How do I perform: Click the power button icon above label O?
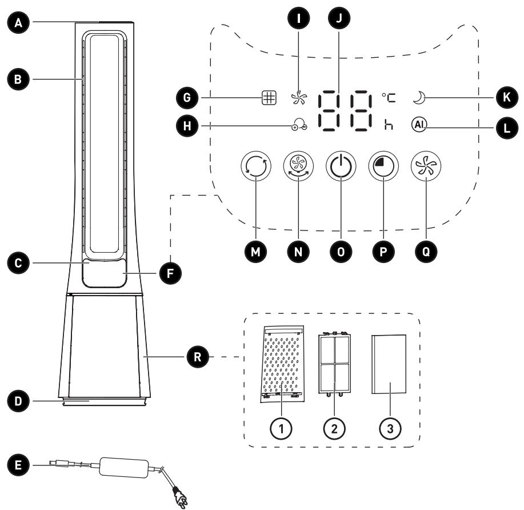341,166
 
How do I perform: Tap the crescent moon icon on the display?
419,98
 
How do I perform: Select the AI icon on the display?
419,125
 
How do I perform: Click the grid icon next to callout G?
269,98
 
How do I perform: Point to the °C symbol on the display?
389,98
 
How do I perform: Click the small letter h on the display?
389,125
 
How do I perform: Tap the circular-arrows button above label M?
255,166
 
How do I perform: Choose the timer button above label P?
383,166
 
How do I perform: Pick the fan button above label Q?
426,166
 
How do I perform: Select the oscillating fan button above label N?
298,166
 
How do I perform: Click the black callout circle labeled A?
18,23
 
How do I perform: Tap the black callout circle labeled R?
198,357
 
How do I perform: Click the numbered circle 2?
334,428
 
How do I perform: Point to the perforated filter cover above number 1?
282,364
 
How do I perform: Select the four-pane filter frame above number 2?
334,364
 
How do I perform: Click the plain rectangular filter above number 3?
389,364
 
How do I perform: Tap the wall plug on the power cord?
180,498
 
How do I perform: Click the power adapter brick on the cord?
124,467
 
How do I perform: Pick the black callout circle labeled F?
170,273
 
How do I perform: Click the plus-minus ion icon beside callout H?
299,125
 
